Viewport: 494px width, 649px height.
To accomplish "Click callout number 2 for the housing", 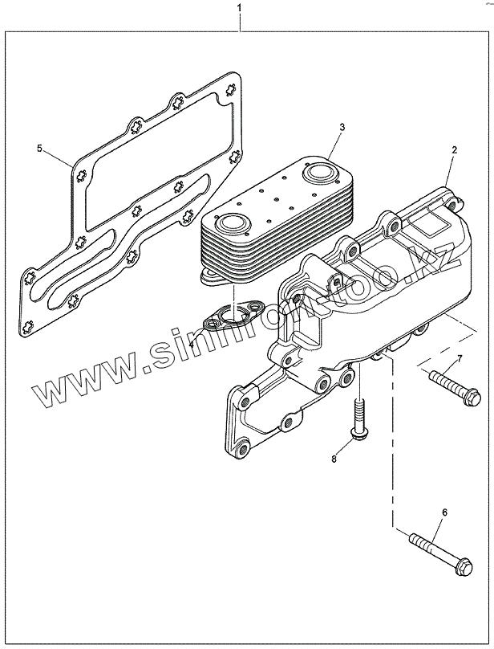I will [x=454, y=150].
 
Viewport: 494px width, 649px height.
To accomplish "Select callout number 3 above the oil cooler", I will [x=342, y=128].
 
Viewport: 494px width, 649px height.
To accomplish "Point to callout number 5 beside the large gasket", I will [x=39, y=149].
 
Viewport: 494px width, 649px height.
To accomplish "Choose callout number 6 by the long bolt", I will [x=444, y=512].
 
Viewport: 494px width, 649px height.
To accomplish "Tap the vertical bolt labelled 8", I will [x=358, y=418].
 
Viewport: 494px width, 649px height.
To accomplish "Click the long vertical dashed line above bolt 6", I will [x=391, y=450].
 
